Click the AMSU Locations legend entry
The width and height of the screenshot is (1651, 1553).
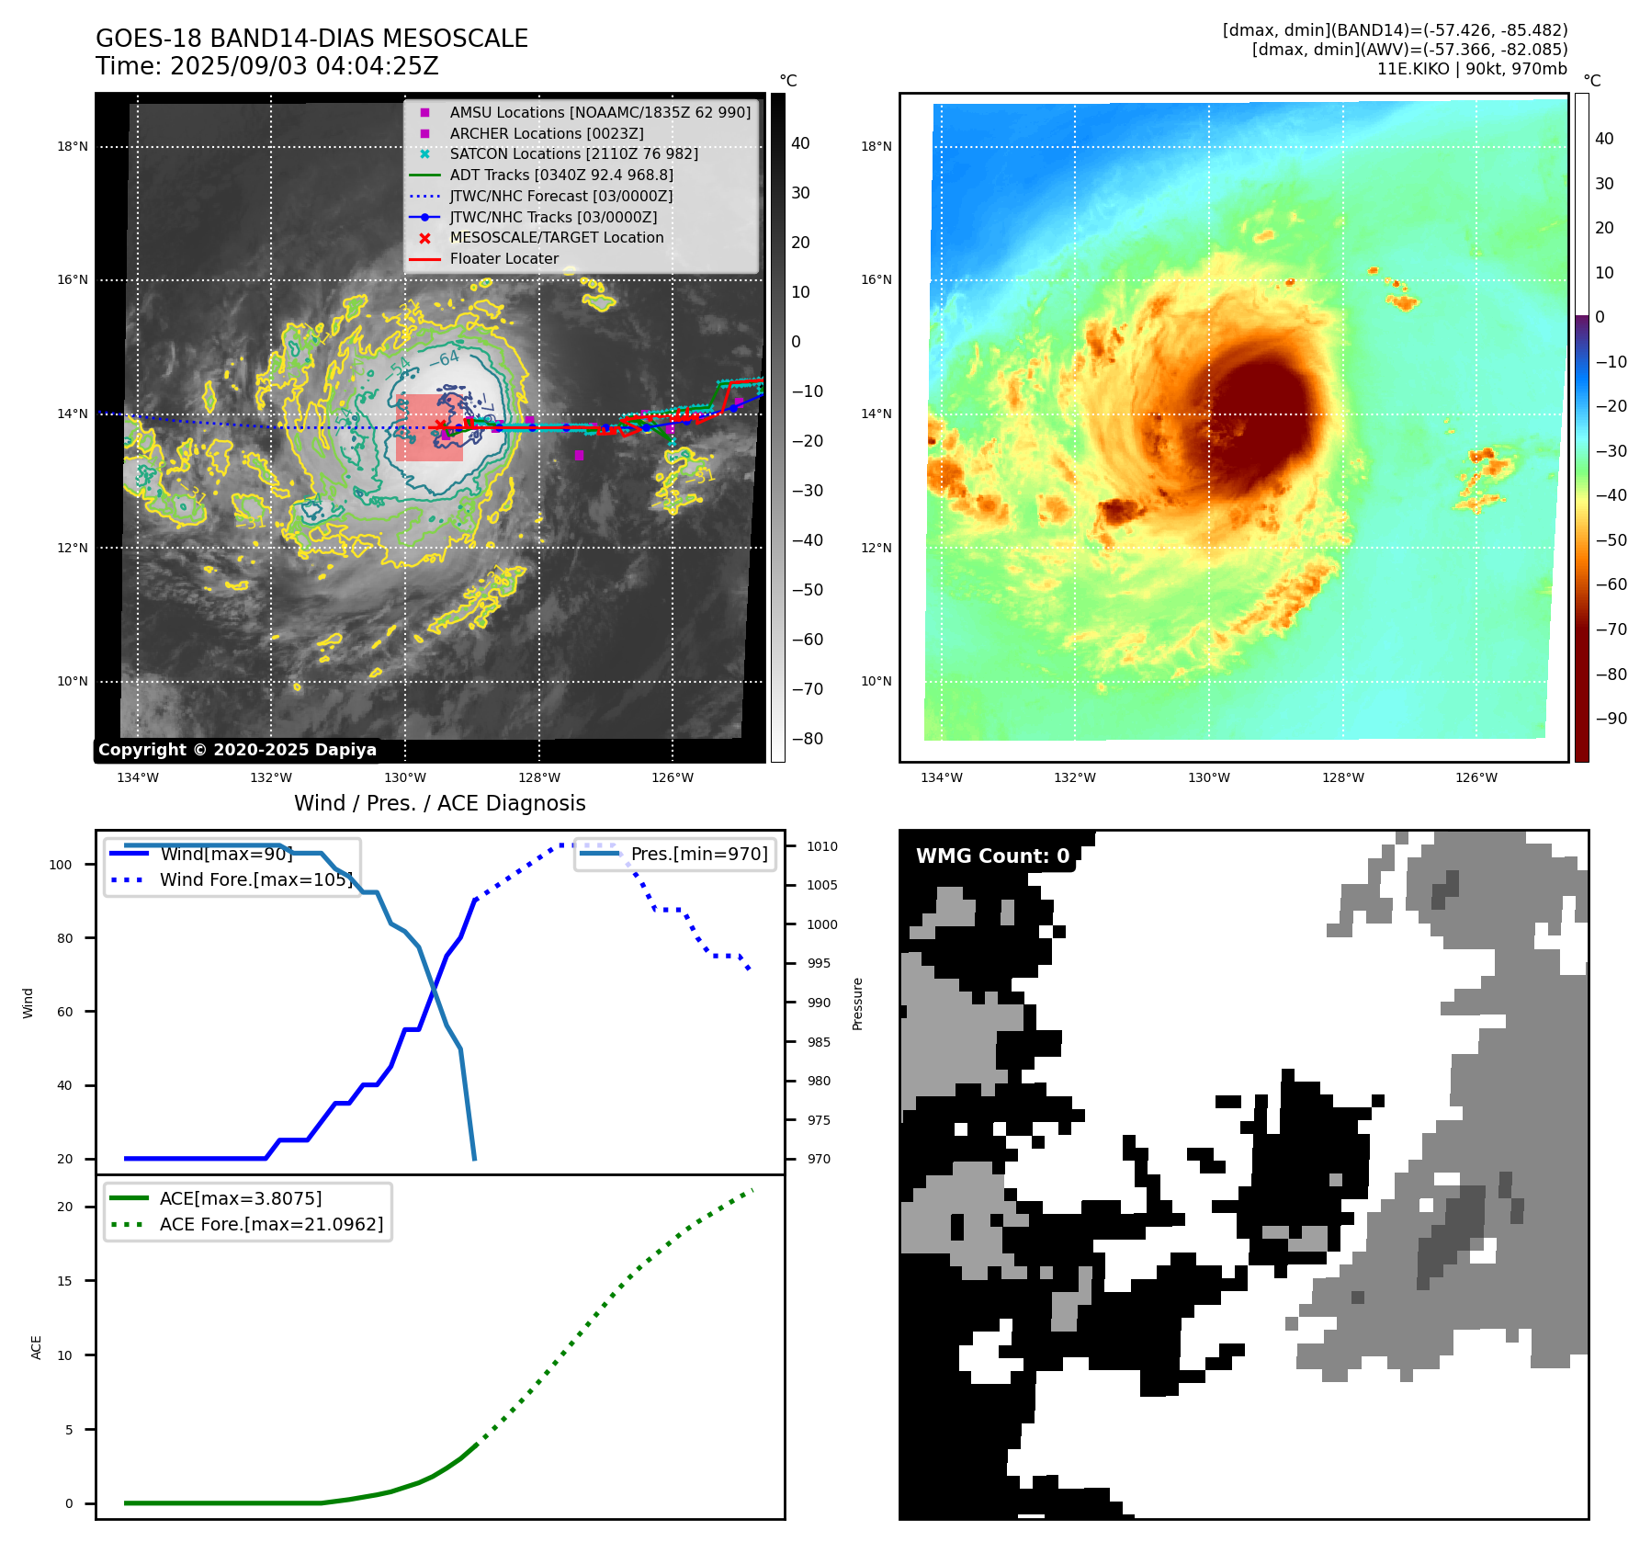click(x=599, y=112)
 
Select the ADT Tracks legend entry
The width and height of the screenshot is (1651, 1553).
click(x=560, y=175)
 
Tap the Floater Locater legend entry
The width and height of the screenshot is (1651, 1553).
click(x=503, y=259)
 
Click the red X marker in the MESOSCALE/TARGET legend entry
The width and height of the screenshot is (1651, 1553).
click(x=424, y=238)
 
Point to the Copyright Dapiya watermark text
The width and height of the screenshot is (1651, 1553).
click(x=237, y=750)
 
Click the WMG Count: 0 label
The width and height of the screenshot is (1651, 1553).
click(x=992, y=856)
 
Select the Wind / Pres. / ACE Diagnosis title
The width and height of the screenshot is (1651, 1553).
click(x=439, y=803)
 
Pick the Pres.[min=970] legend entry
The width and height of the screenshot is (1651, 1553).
click(x=698, y=854)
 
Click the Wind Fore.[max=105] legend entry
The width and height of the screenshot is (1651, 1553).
click(x=255, y=879)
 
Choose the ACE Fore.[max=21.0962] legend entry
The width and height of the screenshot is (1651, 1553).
click(x=271, y=1224)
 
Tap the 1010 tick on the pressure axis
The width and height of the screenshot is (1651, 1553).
click(x=822, y=846)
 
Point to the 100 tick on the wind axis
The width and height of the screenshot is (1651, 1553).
click(x=61, y=865)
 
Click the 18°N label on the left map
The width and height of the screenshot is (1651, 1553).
click(x=73, y=146)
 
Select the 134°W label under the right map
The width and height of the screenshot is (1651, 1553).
click(x=942, y=777)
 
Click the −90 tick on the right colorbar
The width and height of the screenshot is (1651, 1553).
click(x=1611, y=719)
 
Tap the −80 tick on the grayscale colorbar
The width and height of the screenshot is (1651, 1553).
click(x=808, y=739)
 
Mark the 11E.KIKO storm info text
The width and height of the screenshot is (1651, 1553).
click(x=1471, y=69)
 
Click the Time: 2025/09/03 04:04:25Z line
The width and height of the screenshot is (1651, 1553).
click(x=267, y=67)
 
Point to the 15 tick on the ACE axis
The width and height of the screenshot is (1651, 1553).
click(x=64, y=1281)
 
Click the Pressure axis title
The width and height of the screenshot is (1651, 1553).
click(x=857, y=1003)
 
